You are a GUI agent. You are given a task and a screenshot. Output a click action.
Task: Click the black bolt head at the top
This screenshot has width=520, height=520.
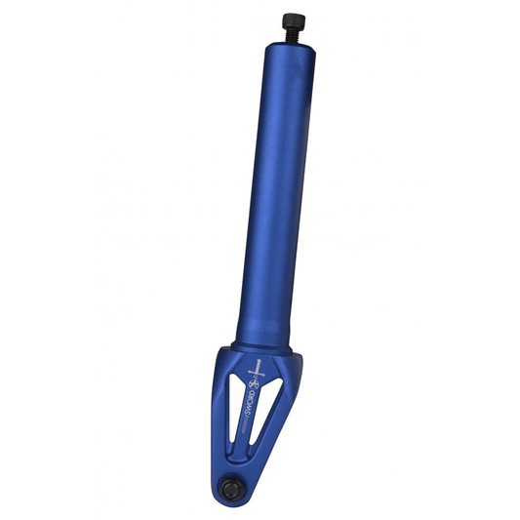tap(292, 20)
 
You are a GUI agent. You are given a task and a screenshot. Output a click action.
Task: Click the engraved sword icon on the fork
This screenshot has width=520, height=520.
tap(257, 370)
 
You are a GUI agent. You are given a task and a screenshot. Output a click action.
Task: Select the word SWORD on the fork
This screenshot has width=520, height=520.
tap(250, 402)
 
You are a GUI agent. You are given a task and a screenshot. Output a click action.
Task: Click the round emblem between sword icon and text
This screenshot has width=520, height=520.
tap(254, 384)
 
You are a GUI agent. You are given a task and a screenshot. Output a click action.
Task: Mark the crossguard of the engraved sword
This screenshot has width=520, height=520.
tap(256, 374)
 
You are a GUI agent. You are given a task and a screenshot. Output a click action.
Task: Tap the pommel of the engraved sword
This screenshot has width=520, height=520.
tap(259, 361)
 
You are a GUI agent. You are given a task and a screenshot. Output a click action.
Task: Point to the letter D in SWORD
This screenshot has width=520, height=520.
tap(253, 393)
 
